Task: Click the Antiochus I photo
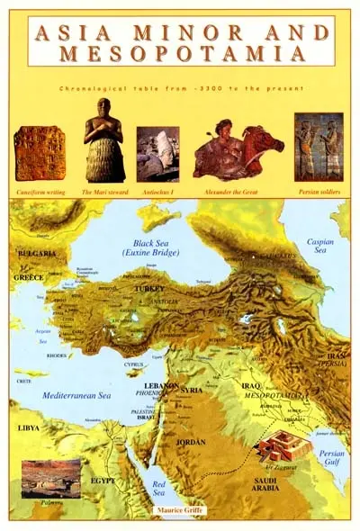(x=157, y=154)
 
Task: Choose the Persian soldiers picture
(x=318, y=147)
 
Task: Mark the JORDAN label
(x=190, y=442)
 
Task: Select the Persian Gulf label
(x=331, y=458)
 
